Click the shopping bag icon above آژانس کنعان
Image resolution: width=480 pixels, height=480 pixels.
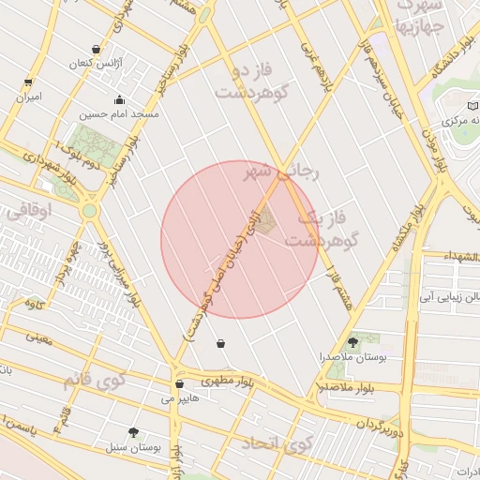pyautogui.click(x=97, y=50)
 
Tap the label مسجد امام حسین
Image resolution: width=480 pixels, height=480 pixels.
pyautogui.click(x=118, y=113)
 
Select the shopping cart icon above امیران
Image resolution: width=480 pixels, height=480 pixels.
pyautogui.click(x=27, y=82)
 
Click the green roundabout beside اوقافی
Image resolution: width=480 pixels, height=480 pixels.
pyautogui.click(x=89, y=211)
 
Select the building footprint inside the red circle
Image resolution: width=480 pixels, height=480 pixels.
pyautogui.click(x=265, y=221)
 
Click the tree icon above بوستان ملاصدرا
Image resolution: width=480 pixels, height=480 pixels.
pyautogui.click(x=352, y=342)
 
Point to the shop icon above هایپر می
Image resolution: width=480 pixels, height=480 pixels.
pyautogui.click(x=178, y=383)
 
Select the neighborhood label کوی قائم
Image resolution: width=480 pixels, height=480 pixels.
pyautogui.click(x=94, y=381)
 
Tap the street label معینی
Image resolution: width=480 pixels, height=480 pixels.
pyautogui.click(x=38, y=336)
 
